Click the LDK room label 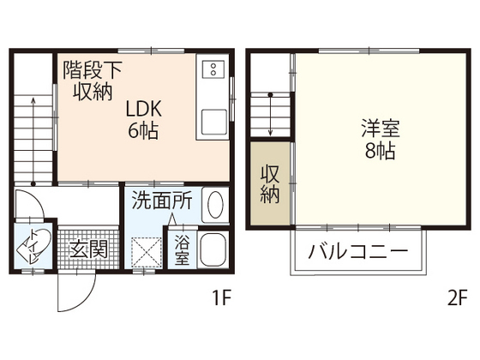[144, 110]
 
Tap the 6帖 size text [144, 132]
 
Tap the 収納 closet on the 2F [270, 182]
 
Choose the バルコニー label [357, 255]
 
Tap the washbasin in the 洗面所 [215, 206]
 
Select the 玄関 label [88, 250]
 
